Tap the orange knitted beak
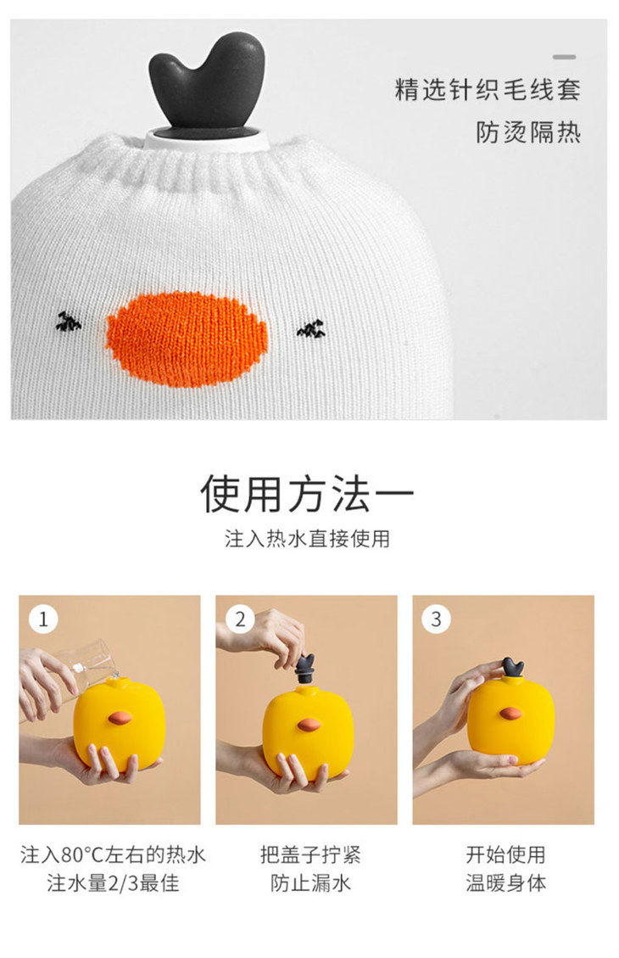click(x=187, y=339)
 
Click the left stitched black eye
click(x=69, y=322)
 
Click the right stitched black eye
click(x=311, y=328)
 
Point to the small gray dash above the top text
click(x=565, y=57)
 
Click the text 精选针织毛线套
click(x=488, y=89)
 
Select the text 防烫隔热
click(x=528, y=132)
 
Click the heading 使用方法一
click(x=308, y=493)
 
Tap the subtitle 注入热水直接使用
click(x=307, y=538)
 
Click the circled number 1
click(x=43, y=619)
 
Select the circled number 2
click(x=240, y=619)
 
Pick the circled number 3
click(x=436, y=619)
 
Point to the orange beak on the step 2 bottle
click(x=309, y=725)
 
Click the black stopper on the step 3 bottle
click(x=513, y=667)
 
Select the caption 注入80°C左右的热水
click(x=113, y=854)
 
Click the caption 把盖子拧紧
click(x=310, y=854)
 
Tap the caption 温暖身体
click(x=506, y=882)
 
